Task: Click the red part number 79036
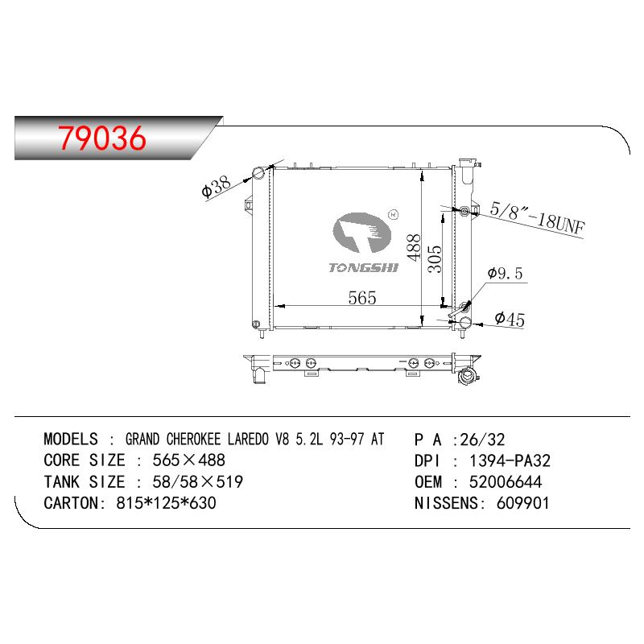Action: point(102,138)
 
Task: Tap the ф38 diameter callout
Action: point(217,187)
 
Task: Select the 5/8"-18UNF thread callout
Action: point(537,218)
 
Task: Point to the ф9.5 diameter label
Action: point(505,274)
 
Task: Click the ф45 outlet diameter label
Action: point(510,319)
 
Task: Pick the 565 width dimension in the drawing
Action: point(361,298)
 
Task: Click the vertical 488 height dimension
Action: point(414,248)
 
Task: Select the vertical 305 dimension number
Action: point(435,258)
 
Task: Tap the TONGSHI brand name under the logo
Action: point(364,268)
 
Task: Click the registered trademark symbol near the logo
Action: point(393,214)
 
